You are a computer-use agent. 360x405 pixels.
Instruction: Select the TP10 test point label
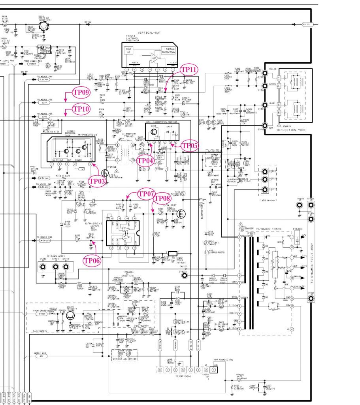click(81, 108)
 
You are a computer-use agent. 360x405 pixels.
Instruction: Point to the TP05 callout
click(189, 145)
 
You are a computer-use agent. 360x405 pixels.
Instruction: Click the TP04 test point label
click(145, 161)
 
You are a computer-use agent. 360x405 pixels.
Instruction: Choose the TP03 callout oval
click(96, 180)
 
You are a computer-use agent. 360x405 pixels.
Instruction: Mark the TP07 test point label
click(145, 194)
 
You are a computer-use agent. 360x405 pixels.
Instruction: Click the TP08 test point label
click(162, 198)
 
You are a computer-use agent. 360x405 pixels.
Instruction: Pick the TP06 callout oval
click(90, 260)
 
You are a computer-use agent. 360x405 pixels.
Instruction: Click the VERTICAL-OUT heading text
click(148, 33)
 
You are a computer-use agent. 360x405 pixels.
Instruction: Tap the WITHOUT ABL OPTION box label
click(125, 359)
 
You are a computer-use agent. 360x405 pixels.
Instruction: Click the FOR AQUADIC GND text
click(224, 360)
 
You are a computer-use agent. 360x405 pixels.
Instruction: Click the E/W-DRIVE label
click(90, 224)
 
